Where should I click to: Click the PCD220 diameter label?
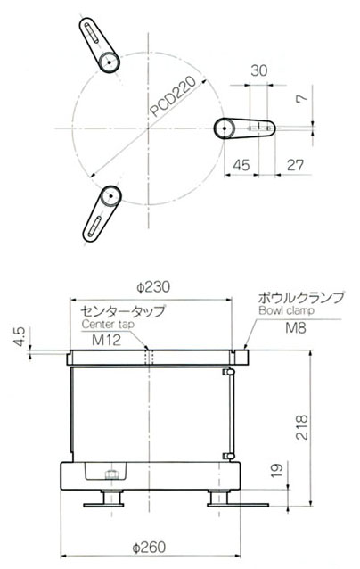tap(173, 96)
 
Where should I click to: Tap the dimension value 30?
tap(258, 70)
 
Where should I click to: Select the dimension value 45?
tap(241, 165)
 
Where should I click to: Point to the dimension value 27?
tap(295, 165)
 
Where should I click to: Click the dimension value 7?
tap(301, 97)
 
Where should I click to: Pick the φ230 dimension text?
tap(153, 287)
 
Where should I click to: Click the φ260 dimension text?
tap(149, 547)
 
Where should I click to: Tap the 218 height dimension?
tap(301, 427)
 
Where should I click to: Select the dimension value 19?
tap(276, 470)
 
